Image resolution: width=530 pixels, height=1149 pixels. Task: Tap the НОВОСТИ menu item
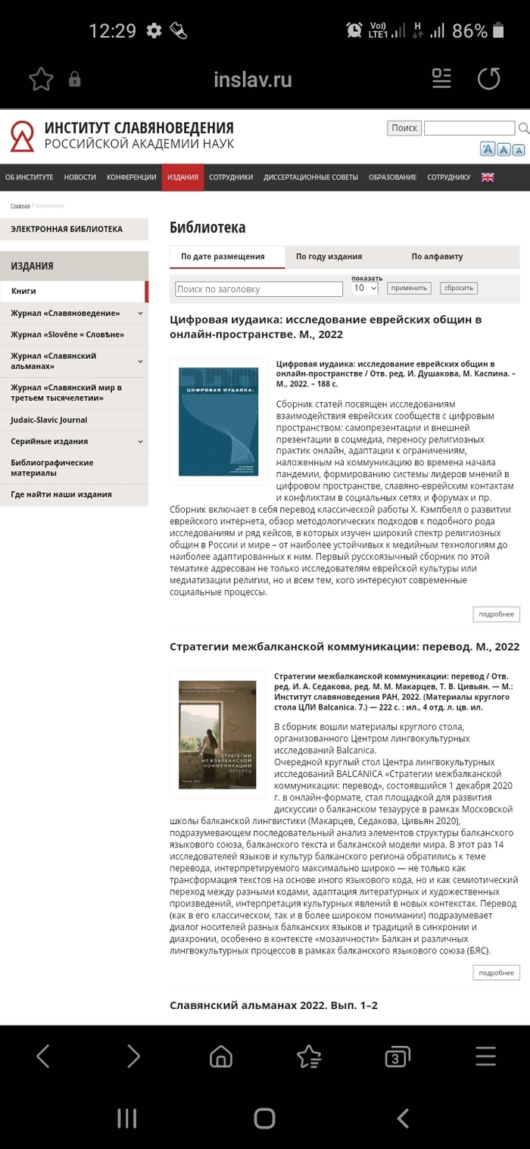click(80, 177)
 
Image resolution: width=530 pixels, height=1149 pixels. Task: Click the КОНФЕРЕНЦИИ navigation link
click(132, 177)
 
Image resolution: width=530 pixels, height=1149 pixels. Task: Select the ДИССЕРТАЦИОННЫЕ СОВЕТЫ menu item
click(310, 177)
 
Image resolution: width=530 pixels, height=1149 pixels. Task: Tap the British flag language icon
click(488, 177)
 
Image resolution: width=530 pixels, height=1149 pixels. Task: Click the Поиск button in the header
click(404, 128)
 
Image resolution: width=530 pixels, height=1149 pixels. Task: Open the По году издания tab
click(329, 257)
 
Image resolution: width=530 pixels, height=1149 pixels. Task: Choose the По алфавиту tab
click(437, 257)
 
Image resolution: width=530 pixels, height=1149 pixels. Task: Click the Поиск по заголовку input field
click(259, 289)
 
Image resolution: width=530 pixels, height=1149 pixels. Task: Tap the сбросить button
click(458, 288)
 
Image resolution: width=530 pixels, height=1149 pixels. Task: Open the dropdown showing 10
click(365, 289)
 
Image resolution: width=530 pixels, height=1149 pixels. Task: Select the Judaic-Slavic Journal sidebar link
click(49, 420)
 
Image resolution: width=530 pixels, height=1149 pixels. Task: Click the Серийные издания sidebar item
click(49, 442)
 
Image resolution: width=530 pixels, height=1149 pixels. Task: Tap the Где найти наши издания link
click(61, 495)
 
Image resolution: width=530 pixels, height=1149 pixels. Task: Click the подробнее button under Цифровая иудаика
click(496, 614)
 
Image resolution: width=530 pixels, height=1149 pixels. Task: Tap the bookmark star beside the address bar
click(41, 79)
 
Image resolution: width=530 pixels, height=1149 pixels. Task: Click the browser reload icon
click(488, 79)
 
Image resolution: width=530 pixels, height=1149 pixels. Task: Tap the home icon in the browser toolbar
click(220, 1056)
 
